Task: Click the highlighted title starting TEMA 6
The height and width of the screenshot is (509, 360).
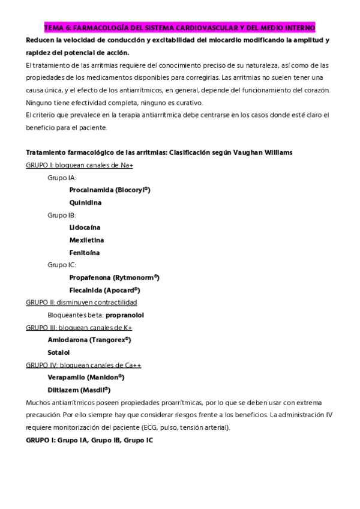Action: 179,28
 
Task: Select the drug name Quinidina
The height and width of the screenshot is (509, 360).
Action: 85,202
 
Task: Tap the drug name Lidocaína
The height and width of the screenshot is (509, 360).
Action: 85,227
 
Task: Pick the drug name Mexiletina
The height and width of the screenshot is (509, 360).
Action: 86,240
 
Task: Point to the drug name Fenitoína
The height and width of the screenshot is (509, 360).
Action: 85,252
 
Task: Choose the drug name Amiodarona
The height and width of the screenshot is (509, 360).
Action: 67,340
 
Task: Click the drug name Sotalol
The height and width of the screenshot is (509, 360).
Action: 59,352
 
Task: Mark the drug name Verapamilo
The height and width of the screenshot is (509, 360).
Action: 66,377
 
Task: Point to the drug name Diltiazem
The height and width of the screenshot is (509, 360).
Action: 64,390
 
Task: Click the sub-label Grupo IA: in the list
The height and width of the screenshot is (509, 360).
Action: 62,178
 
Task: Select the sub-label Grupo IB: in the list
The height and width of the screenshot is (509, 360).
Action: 62,215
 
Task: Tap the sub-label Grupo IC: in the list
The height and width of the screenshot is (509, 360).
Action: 62,265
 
